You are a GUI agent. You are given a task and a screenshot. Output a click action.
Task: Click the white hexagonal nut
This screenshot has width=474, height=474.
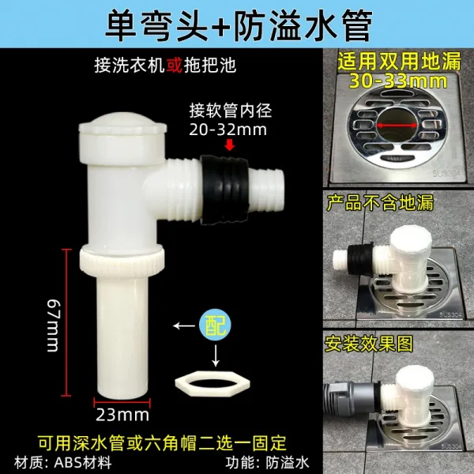(x=213, y=382)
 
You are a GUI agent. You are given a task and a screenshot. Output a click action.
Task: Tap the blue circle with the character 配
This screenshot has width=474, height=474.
(x=215, y=325)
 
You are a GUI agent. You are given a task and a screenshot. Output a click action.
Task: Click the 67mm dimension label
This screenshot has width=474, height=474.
(x=54, y=325)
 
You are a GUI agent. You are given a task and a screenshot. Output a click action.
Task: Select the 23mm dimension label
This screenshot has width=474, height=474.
(x=122, y=415)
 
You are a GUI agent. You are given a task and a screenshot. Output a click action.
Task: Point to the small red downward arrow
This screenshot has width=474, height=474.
(x=230, y=145)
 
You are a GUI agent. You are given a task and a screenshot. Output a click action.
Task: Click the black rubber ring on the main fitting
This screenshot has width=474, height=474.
(x=225, y=190)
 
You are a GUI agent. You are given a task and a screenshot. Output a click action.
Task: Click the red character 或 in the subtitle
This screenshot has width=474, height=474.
(x=174, y=65)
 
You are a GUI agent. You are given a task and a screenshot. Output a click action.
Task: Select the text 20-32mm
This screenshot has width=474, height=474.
(x=228, y=130)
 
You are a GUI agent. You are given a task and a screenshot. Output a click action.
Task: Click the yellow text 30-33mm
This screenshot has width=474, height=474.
(x=398, y=81)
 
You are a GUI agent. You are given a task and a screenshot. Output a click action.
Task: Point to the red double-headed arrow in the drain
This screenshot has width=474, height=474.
(x=397, y=125)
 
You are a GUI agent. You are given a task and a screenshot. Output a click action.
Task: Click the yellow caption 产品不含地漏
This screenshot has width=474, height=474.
(x=380, y=202)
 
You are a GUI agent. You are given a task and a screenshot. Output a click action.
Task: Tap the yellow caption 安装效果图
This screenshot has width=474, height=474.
(x=368, y=344)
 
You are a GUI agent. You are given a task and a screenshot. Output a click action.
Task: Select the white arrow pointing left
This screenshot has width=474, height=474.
(x=184, y=325)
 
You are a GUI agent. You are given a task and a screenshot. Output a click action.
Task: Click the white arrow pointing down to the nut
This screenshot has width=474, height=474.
(x=215, y=355)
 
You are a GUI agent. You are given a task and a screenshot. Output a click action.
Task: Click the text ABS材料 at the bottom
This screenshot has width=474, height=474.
(x=83, y=462)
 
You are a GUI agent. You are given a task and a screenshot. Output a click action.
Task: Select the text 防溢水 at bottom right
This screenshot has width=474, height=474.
(x=288, y=462)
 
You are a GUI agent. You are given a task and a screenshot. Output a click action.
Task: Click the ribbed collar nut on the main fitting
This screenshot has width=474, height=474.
(x=122, y=260)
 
